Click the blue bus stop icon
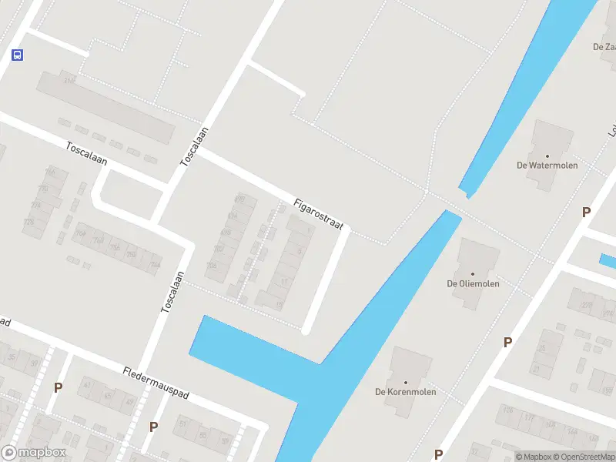[17, 55]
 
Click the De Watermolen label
[547, 165]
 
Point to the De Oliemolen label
[473, 283]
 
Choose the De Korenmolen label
[405, 392]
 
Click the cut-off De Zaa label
[604, 47]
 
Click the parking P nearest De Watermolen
[586, 213]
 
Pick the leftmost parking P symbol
[57, 387]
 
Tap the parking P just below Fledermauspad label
[153, 427]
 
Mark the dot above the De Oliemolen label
[473, 273]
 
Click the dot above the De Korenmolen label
[405, 382]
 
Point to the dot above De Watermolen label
[547, 155]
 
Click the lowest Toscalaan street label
[172, 292]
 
